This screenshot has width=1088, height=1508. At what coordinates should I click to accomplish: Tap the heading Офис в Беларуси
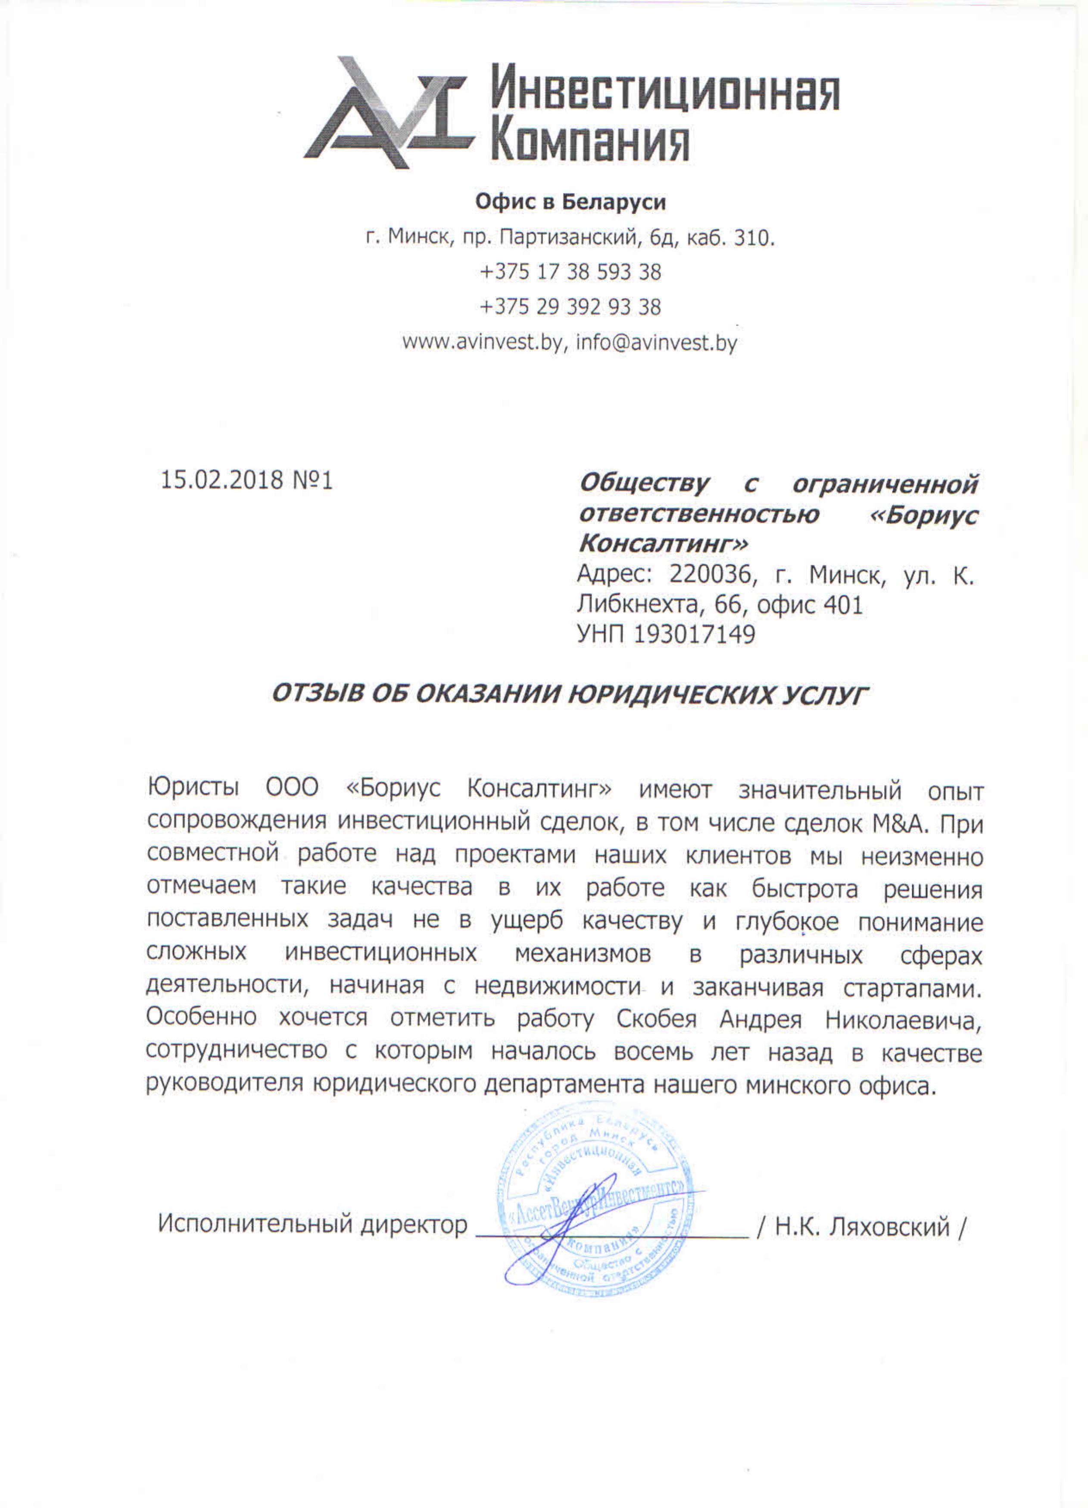[570, 202]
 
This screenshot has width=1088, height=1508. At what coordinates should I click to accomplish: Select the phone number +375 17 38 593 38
[570, 272]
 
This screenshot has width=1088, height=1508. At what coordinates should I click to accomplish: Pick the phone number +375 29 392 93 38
[570, 307]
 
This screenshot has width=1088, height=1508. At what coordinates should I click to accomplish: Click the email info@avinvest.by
[656, 343]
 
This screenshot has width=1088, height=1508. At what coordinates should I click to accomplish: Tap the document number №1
[312, 480]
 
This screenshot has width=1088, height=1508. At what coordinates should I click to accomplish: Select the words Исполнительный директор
[312, 1224]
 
